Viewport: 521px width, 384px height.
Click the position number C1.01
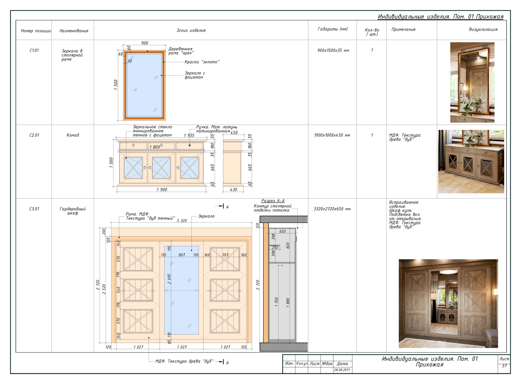tap(34, 50)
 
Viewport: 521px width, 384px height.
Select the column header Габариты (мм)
tap(332, 29)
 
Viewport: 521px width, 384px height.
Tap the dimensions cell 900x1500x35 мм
tap(333, 50)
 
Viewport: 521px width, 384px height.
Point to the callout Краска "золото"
tap(202, 62)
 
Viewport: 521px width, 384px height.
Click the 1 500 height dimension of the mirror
tap(116, 85)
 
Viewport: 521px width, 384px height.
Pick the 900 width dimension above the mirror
tap(145, 43)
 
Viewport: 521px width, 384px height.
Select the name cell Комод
tap(73, 135)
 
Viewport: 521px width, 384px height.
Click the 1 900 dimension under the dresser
tap(162, 190)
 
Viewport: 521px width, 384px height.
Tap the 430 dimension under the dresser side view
tap(233, 190)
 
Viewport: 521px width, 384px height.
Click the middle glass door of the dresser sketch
tap(161, 168)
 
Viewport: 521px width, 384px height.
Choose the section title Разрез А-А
tap(273, 200)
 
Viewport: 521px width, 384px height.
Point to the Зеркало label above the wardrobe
tap(206, 216)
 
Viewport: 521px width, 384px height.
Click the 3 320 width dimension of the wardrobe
tap(182, 221)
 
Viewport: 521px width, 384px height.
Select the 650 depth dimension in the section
tap(282, 231)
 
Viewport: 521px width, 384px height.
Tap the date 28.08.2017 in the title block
tap(342, 370)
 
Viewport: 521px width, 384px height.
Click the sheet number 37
tap(504, 366)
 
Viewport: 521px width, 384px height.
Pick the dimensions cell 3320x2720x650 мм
tap(332, 209)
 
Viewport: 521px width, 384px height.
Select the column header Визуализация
tap(483, 30)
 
